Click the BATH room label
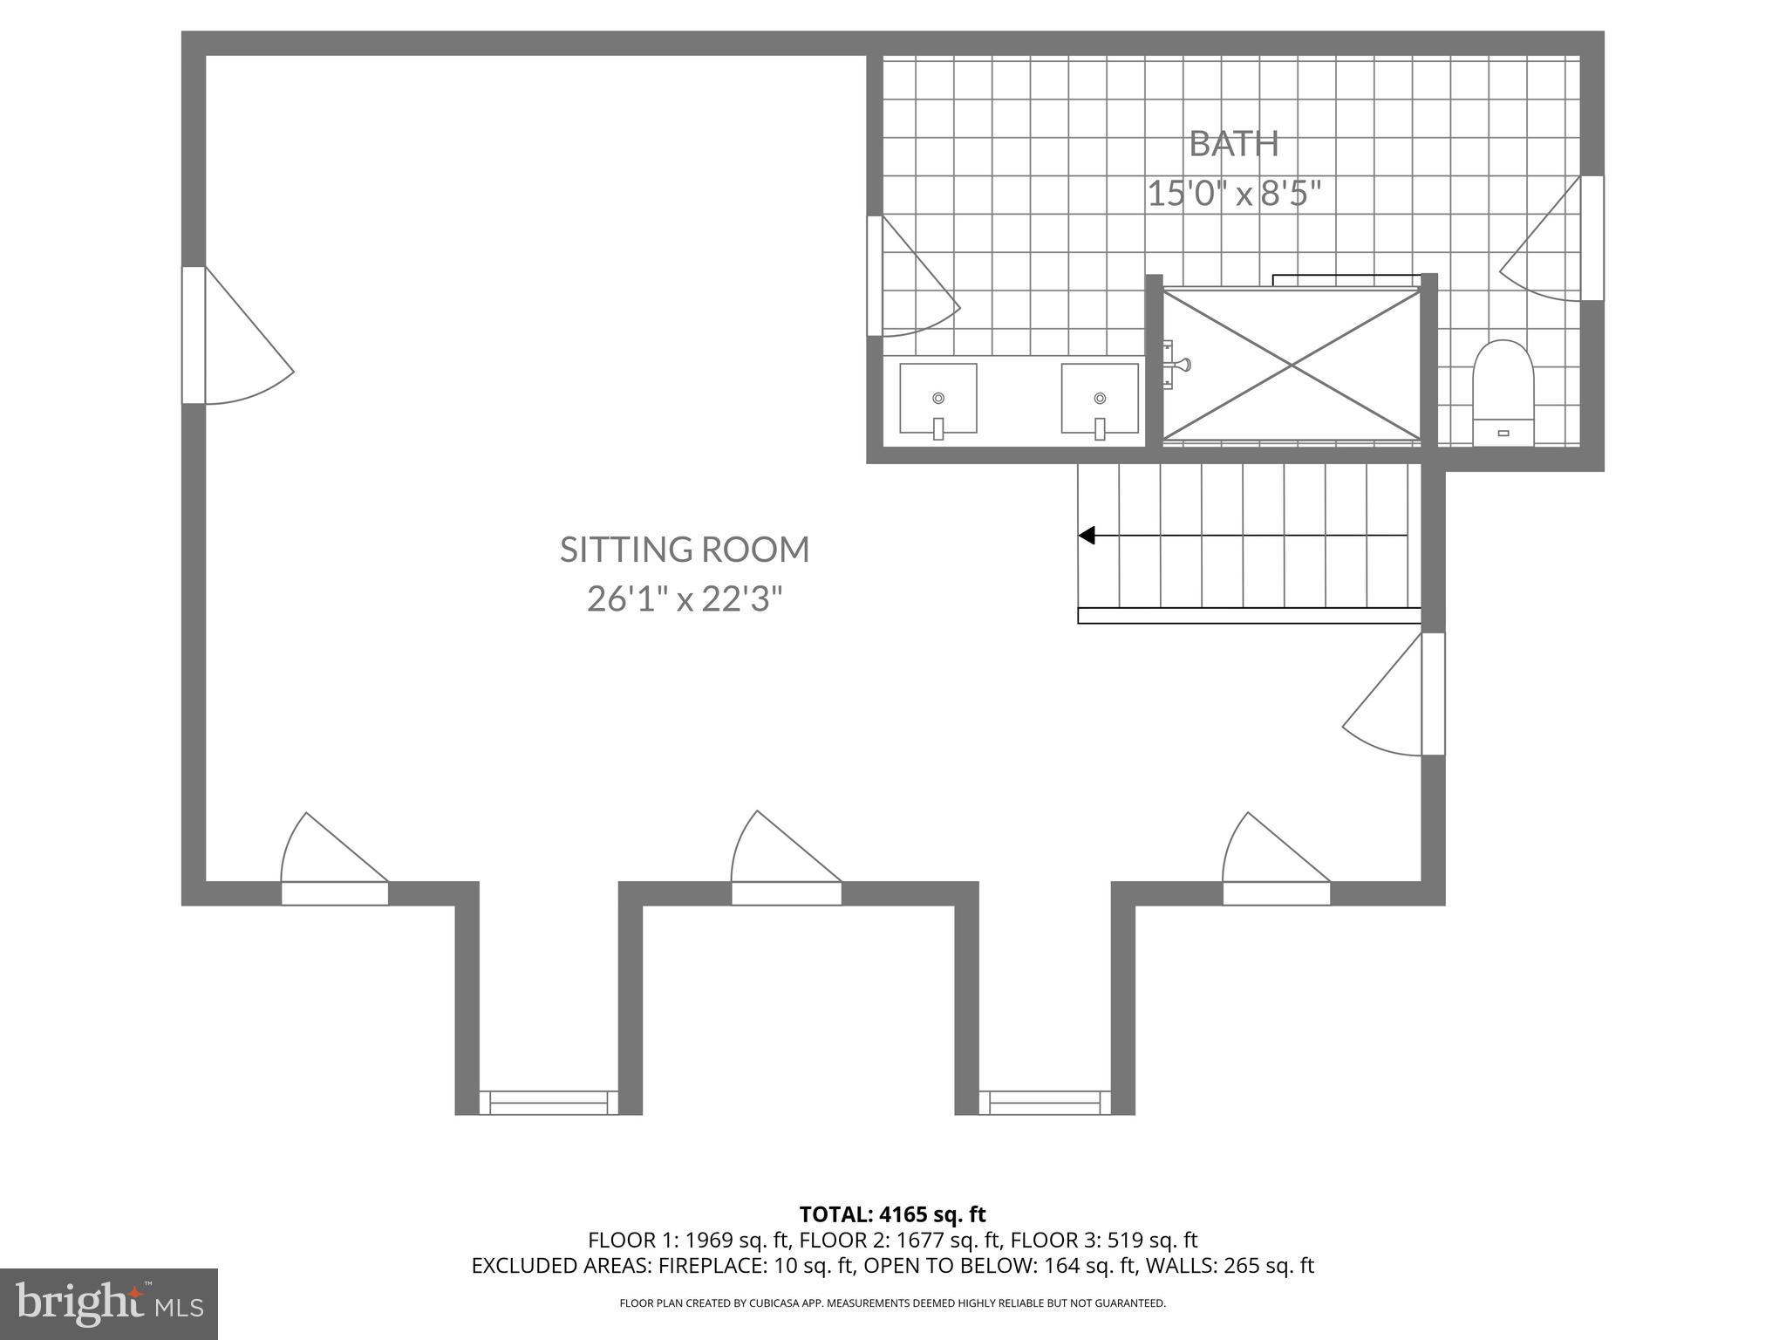click(1234, 144)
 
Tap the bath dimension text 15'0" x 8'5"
click(1234, 194)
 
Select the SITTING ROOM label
click(685, 550)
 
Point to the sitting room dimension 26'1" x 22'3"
click(685, 599)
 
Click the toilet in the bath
click(1503, 393)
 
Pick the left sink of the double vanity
click(938, 400)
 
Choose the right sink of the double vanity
click(1100, 400)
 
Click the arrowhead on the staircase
click(1087, 535)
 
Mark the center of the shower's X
click(1292, 365)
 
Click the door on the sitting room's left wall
click(194, 336)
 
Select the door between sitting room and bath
click(875, 276)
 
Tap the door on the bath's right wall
click(1592, 238)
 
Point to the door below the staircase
click(1432, 694)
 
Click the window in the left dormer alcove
click(549, 1102)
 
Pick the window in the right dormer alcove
click(1045, 1102)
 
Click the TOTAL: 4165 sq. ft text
click(892, 1214)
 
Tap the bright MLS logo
click(108, 1303)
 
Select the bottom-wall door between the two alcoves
click(786, 892)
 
